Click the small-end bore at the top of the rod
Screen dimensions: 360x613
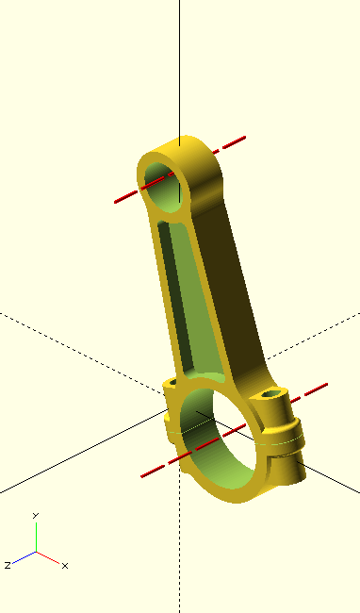pos(164,188)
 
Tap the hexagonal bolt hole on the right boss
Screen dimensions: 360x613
pos(270,393)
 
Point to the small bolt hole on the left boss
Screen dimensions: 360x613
pos(173,382)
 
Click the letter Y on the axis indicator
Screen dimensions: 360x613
pos(36,516)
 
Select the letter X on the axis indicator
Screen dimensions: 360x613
pos(65,566)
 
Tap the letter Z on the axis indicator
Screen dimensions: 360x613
pos(7,565)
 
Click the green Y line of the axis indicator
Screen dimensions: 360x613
pos(37,538)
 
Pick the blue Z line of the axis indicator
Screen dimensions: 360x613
pos(25,557)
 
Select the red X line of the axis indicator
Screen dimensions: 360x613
pos(48,557)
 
